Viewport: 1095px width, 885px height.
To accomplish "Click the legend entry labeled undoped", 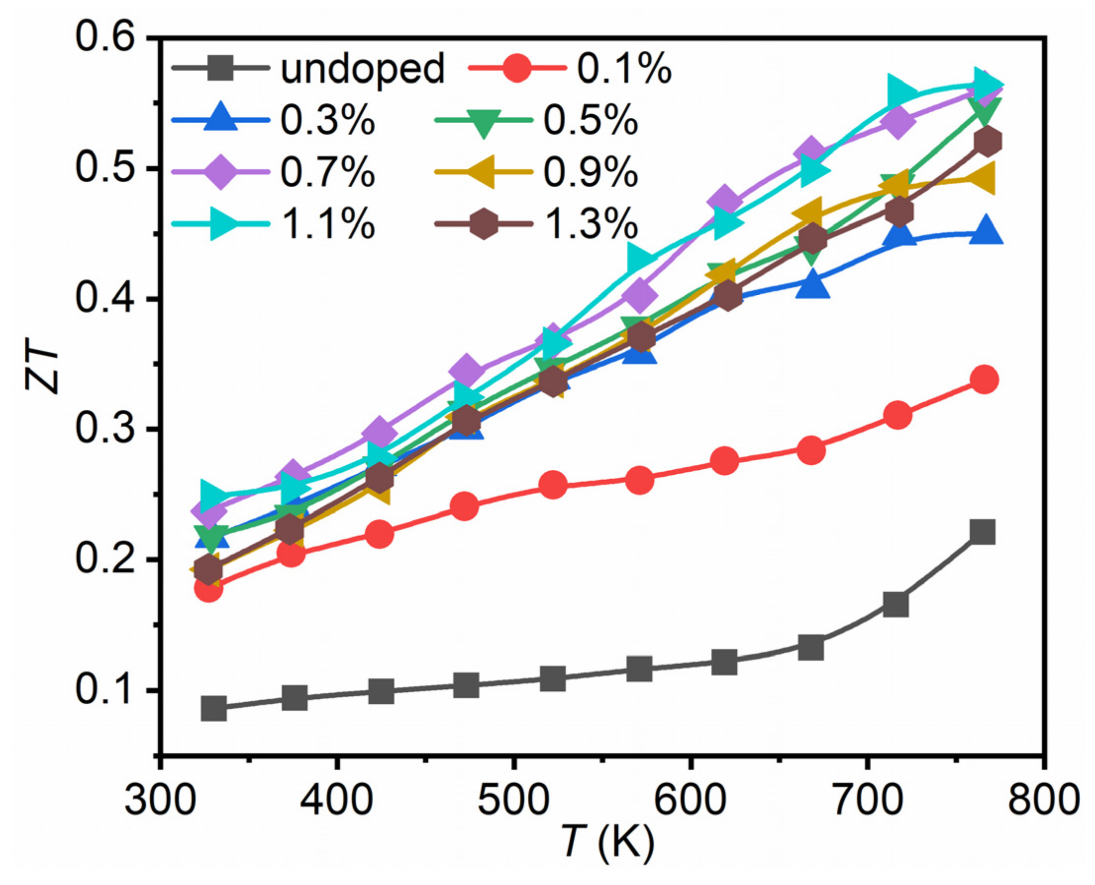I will pos(362,68).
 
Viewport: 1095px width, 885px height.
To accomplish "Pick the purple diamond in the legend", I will pos(220,172).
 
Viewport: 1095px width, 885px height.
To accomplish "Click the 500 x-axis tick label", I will pos(513,800).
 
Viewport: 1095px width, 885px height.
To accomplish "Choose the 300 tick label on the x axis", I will pos(160,800).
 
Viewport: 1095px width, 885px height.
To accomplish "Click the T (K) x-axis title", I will pos(608,842).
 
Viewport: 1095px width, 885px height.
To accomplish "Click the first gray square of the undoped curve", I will pos(213,708).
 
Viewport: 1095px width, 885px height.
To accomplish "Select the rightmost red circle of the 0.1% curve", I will pos(985,380).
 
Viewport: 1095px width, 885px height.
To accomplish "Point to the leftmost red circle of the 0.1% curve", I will pos(208,590).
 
